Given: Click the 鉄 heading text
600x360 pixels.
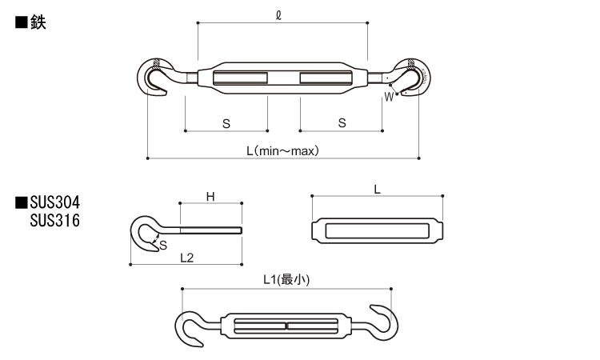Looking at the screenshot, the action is click(x=38, y=22).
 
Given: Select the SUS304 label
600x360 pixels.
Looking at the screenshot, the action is click(x=55, y=202).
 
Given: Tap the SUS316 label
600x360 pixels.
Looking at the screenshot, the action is click(x=55, y=220).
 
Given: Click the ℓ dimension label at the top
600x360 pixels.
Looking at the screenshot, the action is click(x=278, y=15).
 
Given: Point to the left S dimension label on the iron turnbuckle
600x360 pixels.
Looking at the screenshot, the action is click(x=226, y=123).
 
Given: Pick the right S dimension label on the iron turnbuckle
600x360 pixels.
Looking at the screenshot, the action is click(x=342, y=123).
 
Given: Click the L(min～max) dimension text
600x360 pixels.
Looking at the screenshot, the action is click(x=282, y=150).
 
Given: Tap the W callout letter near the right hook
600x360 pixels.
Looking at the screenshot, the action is click(x=389, y=97).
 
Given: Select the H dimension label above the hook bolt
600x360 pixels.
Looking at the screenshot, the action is click(x=210, y=197).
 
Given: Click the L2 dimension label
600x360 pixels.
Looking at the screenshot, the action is click(x=186, y=258).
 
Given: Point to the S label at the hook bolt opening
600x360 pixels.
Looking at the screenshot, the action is click(x=163, y=246).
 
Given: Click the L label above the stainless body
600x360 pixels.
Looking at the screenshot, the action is click(x=378, y=190).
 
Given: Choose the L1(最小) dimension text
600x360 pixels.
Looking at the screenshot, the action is click(x=286, y=280).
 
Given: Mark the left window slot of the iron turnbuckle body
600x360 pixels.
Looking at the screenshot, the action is click(x=240, y=78).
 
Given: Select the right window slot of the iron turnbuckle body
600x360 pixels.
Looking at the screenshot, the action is click(x=326, y=78).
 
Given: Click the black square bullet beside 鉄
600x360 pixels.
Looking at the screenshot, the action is click(x=21, y=22).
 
